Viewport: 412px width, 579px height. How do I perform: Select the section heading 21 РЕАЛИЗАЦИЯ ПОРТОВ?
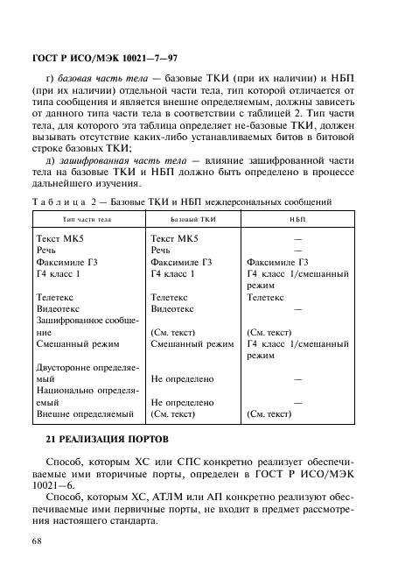(x=112, y=436)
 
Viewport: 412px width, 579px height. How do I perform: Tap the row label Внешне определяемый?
(x=85, y=414)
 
